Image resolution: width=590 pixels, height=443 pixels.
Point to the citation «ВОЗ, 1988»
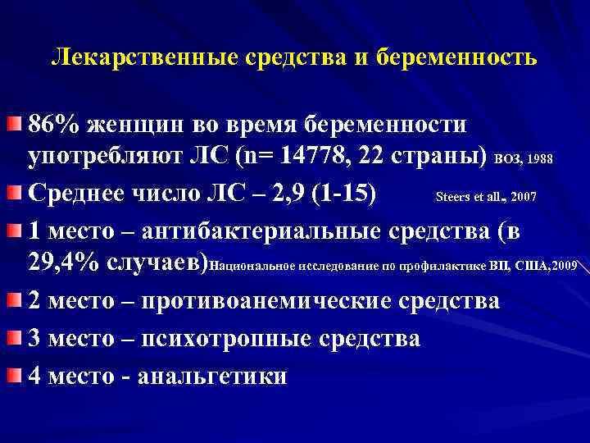(x=527, y=160)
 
